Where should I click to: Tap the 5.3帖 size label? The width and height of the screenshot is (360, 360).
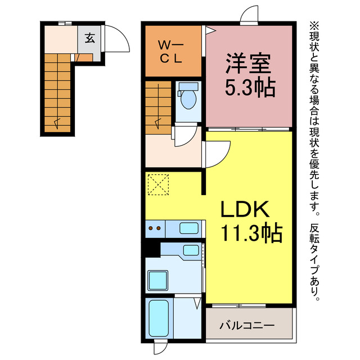(x=249, y=88)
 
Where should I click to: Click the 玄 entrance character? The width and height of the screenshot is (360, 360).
(x=89, y=38)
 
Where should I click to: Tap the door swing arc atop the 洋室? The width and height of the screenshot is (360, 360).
(x=248, y=16)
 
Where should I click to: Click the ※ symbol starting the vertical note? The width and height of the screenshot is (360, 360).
(x=313, y=26)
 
